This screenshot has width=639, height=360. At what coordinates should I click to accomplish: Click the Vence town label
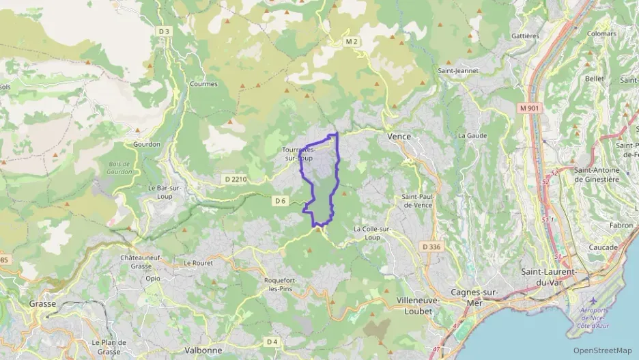(399, 137)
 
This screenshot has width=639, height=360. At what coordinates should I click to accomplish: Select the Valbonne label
(203, 350)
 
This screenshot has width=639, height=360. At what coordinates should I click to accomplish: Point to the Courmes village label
(203, 84)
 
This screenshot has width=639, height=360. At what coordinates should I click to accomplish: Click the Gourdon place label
(147, 144)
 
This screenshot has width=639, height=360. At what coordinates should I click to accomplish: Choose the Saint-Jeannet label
(457, 70)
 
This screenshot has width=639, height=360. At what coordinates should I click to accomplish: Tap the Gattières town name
(525, 36)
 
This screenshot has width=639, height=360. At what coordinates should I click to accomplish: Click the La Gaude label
(472, 135)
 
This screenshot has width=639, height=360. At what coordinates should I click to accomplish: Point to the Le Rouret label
(198, 262)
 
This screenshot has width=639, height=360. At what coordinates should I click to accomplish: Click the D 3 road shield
(163, 31)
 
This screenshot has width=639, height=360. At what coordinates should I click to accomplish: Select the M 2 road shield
(352, 42)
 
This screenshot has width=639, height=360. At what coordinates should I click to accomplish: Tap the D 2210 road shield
(234, 179)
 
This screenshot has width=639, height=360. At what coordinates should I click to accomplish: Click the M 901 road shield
(529, 108)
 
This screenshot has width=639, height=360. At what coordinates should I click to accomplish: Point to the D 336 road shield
(431, 246)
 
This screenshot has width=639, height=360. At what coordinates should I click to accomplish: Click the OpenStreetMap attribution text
(603, 350)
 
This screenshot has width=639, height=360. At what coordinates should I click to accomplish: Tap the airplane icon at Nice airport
(591, 301)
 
